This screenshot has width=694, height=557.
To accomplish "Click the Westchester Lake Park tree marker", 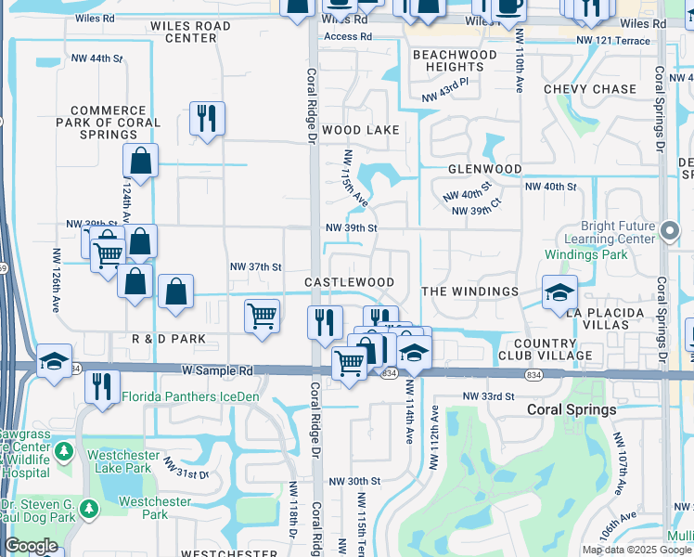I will (63, 453).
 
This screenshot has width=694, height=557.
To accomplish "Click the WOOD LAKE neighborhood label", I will (361, 131).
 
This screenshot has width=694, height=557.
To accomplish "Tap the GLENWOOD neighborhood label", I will (484, 169).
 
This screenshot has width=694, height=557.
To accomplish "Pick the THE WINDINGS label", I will (469, 291).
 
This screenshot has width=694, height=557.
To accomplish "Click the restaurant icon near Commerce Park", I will (206, 118).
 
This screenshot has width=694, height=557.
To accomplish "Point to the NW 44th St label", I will (97, 58).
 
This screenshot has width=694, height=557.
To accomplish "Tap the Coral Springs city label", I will (572, 409).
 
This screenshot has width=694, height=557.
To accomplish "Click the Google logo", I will (32, 546).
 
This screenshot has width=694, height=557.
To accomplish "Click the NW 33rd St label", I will (488, 396).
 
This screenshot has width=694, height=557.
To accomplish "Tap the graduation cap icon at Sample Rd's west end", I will (55, 360).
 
